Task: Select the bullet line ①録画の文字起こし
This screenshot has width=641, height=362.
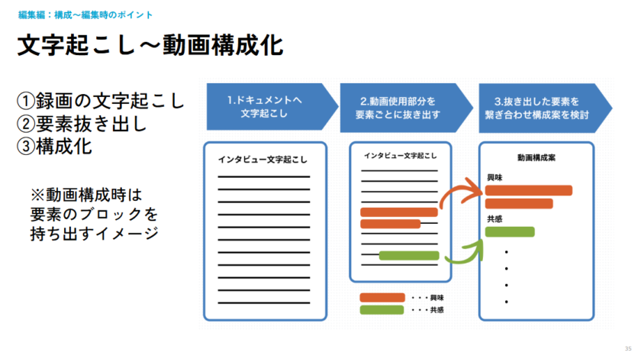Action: point(101,100)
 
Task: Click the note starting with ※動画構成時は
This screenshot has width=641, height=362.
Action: point(93,213)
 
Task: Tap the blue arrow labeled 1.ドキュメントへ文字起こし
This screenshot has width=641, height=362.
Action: point(269,107)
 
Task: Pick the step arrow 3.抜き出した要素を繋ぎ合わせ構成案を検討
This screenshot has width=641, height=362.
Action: point(540,107)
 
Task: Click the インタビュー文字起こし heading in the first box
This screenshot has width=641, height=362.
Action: point(263,159)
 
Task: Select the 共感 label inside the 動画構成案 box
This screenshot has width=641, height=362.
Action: point(494,219)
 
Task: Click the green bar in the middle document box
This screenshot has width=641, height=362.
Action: point(409,255)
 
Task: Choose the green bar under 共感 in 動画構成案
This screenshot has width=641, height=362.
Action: point(510,231)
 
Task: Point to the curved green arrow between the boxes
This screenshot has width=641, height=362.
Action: point(464,253)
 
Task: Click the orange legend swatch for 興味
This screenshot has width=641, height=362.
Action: point(382,297)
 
